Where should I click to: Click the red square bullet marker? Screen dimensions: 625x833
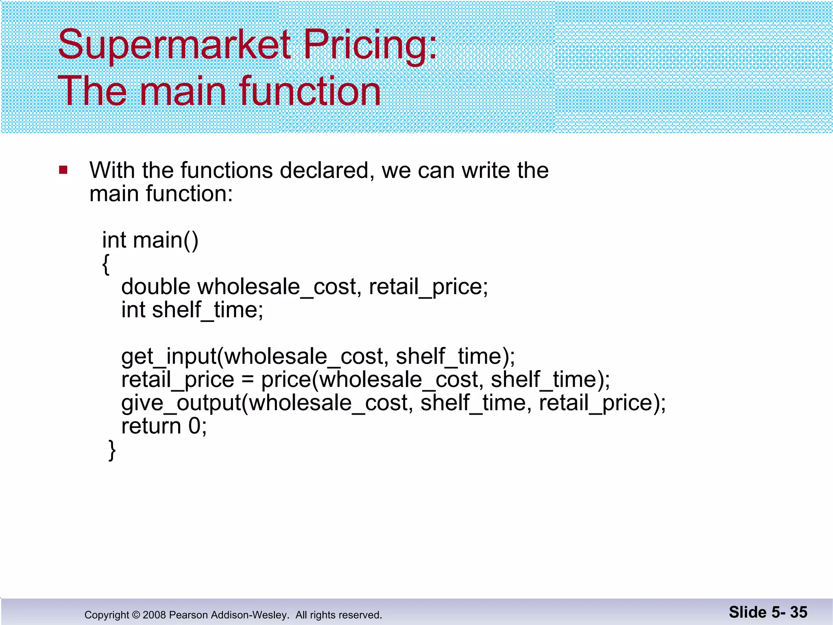tap(63, 170)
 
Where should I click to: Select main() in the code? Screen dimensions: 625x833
tap(166, 240)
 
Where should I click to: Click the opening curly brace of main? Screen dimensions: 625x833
tap(106, 264)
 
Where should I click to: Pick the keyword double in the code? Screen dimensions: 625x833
tap(156, 286)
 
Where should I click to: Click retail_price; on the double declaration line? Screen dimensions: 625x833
tap(428, 286)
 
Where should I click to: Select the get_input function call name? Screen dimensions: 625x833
tap(169, 356)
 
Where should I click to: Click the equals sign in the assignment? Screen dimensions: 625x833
tap(248, 380)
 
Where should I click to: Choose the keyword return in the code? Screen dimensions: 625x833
tap(151, 426)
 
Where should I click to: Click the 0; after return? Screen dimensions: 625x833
tap(198, 426)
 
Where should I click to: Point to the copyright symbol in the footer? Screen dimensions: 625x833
tap(136, 615)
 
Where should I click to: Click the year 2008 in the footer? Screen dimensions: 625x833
tap(154, 615)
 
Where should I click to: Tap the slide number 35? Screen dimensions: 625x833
tap(798, 612)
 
